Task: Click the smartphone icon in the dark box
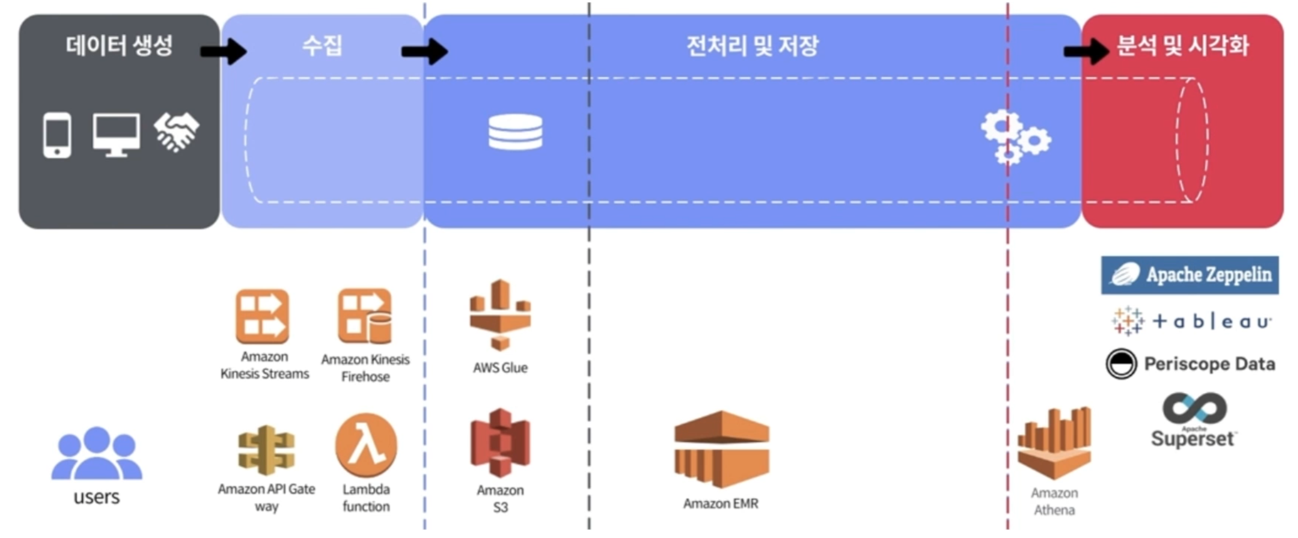pos(57,135)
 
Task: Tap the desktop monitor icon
pos(116,134)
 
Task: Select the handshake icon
pos(176,132)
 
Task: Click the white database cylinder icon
pos(515,132)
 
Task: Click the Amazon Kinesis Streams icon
pos(262,316)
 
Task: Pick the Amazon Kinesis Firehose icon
pos(365,316)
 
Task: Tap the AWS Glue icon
pos(500,315)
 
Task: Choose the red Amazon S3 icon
pos(500,443)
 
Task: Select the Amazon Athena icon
pos(1054,443)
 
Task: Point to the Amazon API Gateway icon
pos(266,450)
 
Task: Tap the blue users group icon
pos(97,454)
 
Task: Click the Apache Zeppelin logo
pos(1189,275)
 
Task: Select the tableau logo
pos(1191,321)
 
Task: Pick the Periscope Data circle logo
pos(1121,364)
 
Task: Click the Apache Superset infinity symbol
pos(1194,408)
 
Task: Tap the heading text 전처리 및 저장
pos(752,46)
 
